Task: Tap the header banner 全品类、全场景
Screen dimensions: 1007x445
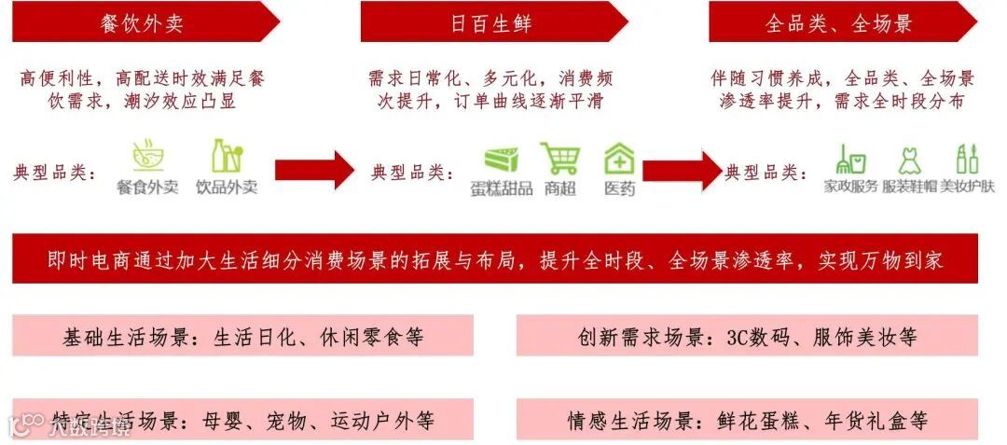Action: point(839,22)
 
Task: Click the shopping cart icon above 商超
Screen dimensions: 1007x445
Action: point(559,158)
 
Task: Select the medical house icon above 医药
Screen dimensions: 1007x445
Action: point(618,158)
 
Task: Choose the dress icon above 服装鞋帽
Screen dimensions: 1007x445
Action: point(909,160)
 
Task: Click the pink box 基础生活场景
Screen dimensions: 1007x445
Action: point(242,336)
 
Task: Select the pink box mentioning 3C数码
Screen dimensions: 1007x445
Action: point(747,336)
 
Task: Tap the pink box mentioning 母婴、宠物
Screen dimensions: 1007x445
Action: point(242,421)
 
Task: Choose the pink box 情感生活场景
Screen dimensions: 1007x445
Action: point(747,421)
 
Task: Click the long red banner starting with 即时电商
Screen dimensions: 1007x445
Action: point(495,259)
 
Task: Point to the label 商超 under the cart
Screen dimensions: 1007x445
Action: point(559,188)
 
